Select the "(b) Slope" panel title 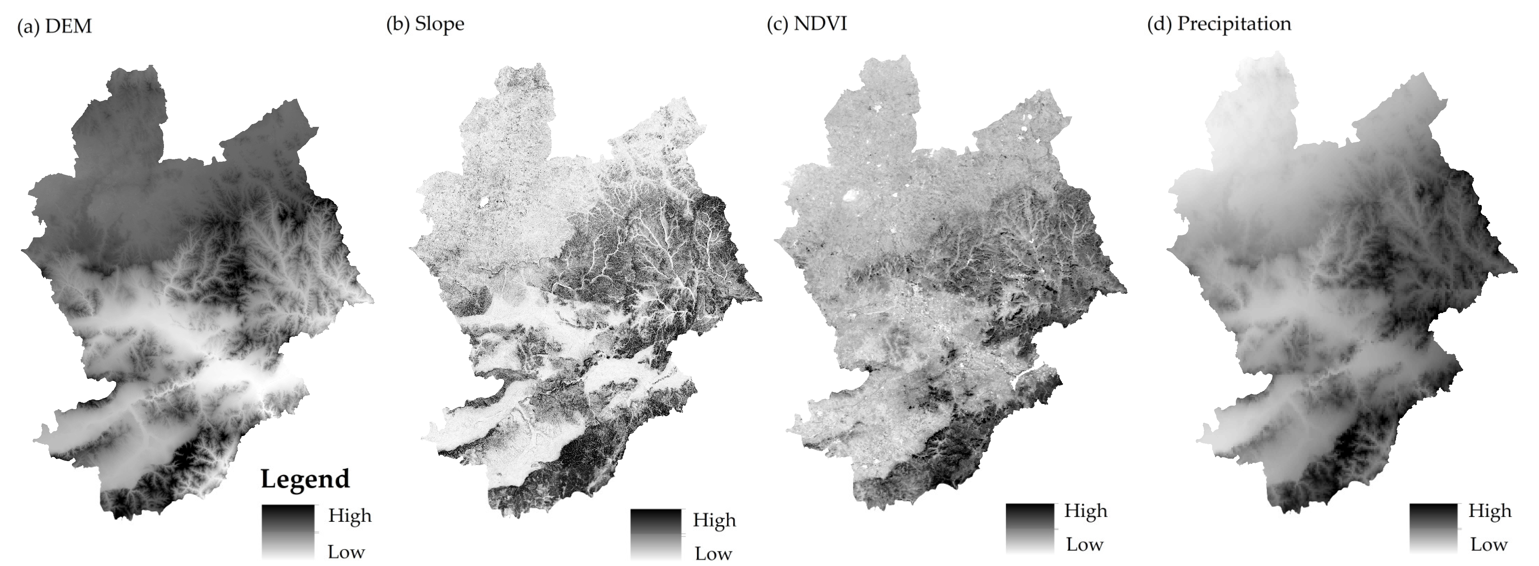(x=425, y=24)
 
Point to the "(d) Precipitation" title (x=1219, y=24)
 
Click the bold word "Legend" (x=305, y=479)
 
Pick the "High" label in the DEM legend (x=350, y=515)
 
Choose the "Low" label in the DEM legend (x=346, y=552)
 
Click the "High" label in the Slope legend (x=714, y=520)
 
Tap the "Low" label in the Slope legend (x=713, y=553)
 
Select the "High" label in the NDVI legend (x=1086, y=511)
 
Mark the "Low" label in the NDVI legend (x=1084, y=544)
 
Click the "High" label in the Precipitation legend (x=1490, y=511)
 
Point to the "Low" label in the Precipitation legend (x=1489, y=544)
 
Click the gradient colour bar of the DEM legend (x=288, y=531)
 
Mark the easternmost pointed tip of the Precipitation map (x=1516, y=271)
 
